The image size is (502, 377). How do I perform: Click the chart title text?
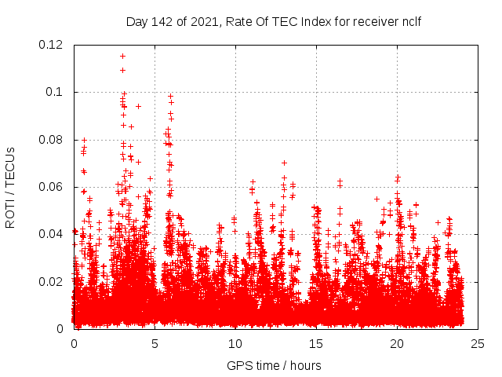274,21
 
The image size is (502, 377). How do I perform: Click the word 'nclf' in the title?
410,21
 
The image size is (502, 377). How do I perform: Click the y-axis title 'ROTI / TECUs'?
10,187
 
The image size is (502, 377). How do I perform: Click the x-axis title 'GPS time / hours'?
274,365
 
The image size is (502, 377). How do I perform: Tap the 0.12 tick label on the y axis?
52,45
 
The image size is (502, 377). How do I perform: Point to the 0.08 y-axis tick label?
52,140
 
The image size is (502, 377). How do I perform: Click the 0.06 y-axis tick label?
52,187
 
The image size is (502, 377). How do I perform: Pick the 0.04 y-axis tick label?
52,234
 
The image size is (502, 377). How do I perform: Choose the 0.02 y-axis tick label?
52,281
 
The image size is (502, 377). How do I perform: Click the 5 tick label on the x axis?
155,343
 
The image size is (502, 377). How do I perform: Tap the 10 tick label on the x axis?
235,343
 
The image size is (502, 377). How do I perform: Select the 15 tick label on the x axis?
316,343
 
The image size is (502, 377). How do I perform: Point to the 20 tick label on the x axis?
397,343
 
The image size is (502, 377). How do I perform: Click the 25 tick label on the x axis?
478,343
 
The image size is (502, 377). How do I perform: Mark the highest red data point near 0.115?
122,56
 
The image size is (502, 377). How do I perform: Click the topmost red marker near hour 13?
284,163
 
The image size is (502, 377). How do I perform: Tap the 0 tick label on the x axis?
75,343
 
